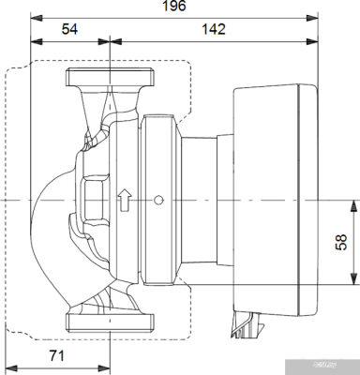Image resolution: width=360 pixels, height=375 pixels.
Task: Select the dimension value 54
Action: (70, 30)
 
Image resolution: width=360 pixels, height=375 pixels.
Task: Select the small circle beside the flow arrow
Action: (159, 200)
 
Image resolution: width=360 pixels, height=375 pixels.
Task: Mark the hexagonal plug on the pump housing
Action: (94, 200)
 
